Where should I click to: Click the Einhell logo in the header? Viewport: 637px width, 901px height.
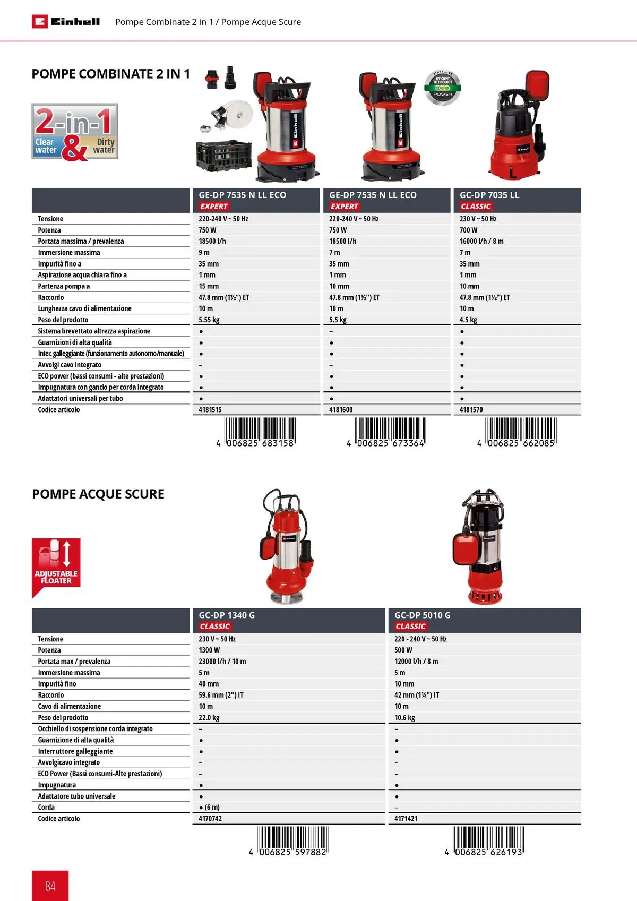tap(66, 22)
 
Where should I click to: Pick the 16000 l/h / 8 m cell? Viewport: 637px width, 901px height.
tap(481, 241)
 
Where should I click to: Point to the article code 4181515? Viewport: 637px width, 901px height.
tap(210, 410)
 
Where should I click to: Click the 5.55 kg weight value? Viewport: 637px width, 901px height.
tap(209, 320)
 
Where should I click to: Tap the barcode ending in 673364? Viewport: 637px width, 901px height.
tap(390, 432)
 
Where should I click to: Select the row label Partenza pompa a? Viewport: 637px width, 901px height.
tap(64, 286)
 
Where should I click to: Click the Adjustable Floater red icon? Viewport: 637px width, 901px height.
tap(56, 565)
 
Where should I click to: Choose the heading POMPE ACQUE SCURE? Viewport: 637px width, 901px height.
tap(98, 494)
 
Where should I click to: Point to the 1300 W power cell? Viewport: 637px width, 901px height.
tap(209, 650)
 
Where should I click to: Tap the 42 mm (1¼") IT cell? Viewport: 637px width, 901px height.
tap(416, 695)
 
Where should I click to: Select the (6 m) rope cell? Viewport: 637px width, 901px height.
tap(210, 807)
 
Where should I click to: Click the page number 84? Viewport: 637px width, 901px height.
tap(50, 886)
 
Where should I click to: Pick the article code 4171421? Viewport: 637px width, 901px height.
tap(406, 819)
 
